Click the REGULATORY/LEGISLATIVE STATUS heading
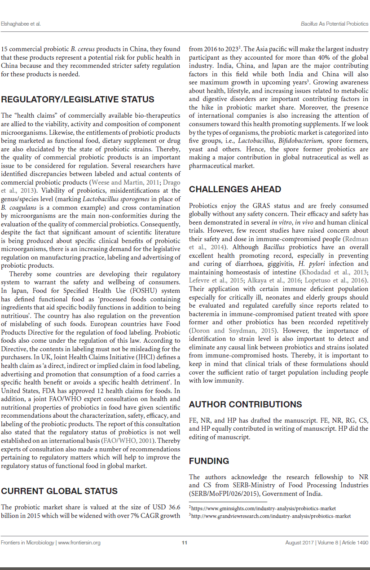click(78, 100)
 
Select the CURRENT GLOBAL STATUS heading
click(59, 491)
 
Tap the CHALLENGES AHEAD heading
click(235, 189)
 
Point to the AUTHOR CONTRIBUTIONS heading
click(245, 404)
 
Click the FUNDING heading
click(209, 461)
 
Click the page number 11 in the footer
click(185, 543)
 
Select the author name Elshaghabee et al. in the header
click(21, 23)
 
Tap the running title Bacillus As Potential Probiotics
click(335, 23)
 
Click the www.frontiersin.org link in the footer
click(79, 543)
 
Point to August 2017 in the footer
click(300, 543)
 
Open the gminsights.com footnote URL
click(264, 508)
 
